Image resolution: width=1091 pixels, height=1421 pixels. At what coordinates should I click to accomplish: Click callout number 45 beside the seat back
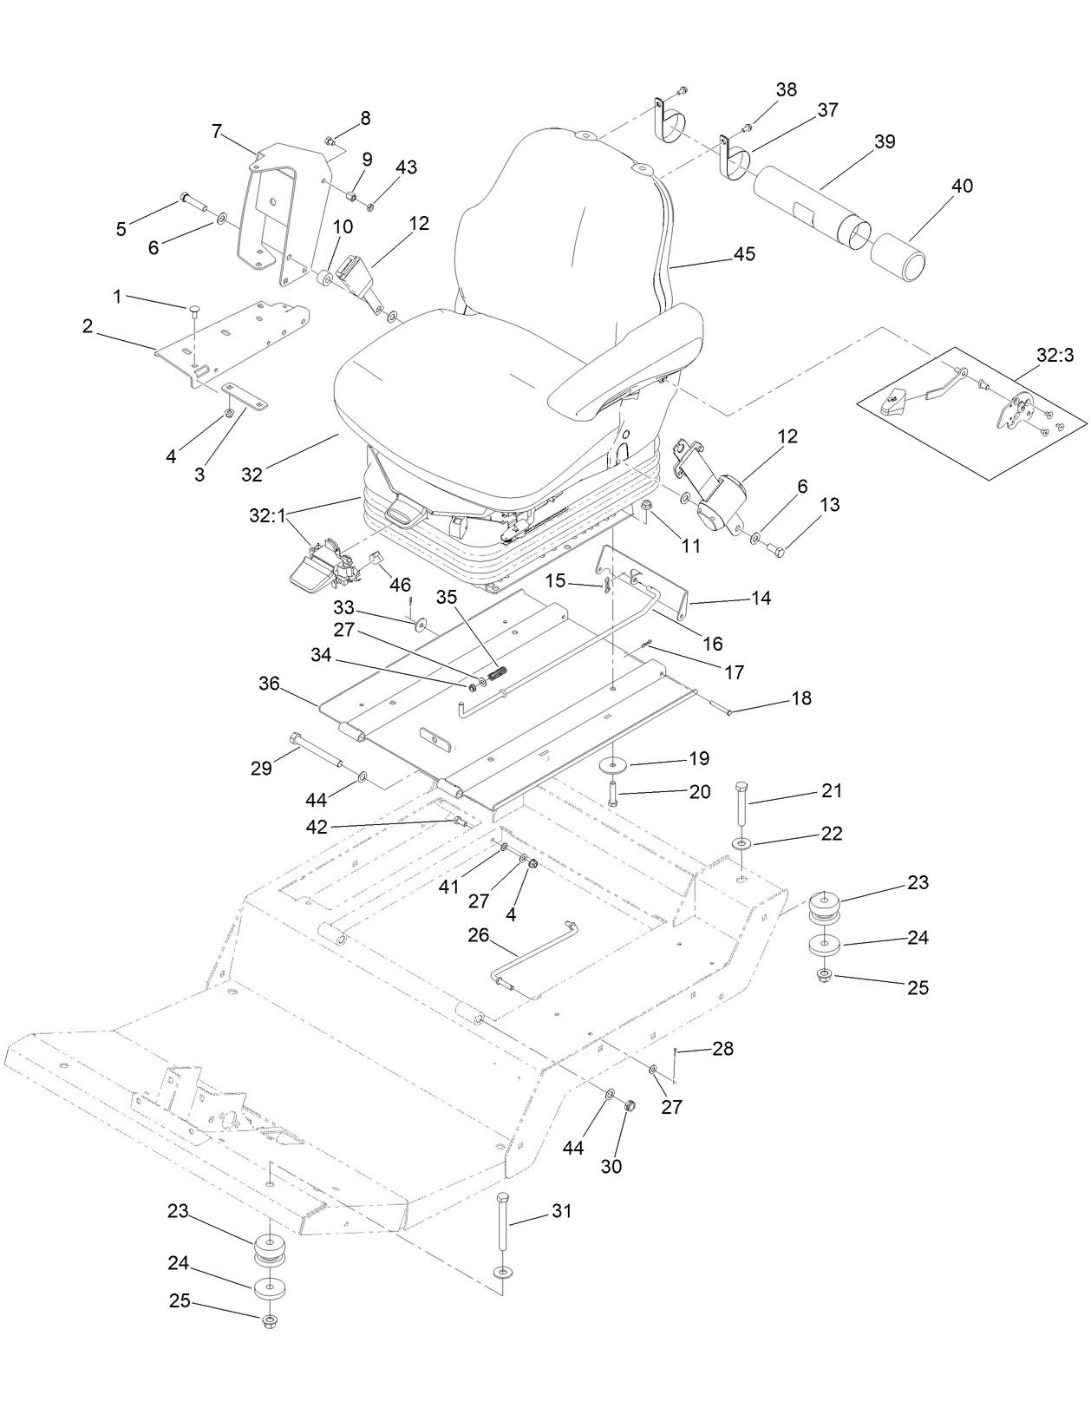click(x=744, y=254)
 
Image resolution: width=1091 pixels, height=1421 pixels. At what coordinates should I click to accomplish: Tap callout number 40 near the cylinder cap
click(x=961, y=186)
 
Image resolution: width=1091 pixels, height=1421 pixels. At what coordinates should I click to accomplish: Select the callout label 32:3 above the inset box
click(x=1055, y=355)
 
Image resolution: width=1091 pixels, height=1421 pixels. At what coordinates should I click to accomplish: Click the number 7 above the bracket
click(x=217, y=131)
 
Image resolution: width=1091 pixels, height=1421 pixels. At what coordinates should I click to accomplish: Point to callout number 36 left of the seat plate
click(x=269, y=684)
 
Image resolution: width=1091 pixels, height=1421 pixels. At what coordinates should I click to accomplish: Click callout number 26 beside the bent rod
click(x=479, y=936)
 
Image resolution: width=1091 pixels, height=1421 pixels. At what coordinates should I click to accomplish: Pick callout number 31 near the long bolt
click(x=562, y=1210)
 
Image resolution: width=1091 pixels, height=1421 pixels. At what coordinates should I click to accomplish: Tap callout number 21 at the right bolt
click(x=831, y=791)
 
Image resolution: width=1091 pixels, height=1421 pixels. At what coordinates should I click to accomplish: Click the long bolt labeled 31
click(x=502, y=1232)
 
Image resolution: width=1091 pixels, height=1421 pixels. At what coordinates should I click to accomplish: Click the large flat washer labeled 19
click(x=615, y=766)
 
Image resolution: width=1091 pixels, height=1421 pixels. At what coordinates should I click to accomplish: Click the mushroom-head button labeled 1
click(x=194, y=309)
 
